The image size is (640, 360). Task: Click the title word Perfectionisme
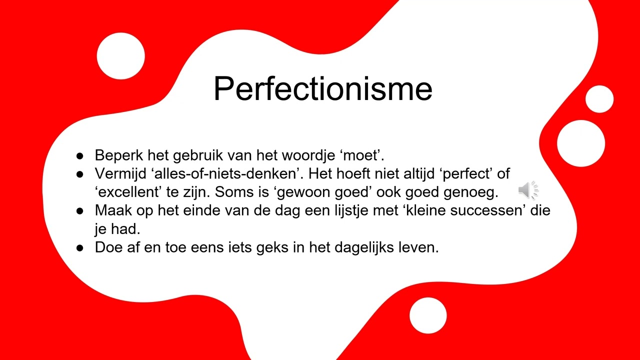click(322, 88)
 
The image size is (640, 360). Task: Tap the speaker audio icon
click(527, 190)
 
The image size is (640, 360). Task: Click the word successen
click(481, 210)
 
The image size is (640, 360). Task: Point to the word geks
click(279, 247)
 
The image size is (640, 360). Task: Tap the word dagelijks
click(365, 247)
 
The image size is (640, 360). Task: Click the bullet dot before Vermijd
click(80, 174)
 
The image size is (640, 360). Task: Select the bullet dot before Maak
click(80, 210)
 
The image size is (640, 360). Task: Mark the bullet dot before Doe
click(80, 247)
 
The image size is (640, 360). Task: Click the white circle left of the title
click(120, 56)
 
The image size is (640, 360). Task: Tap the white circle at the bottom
click(428, 315)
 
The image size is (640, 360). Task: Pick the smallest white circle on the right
click(599, 99)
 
